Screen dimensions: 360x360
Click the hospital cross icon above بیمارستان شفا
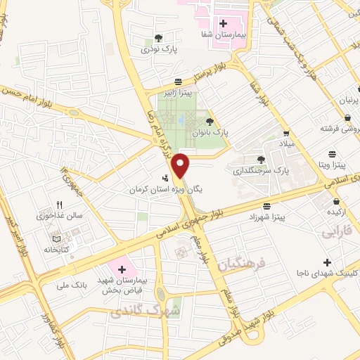click(x=223, y=23)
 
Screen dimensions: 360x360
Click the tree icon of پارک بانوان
click(x=210, y=122)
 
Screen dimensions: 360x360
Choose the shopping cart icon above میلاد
click(x=286, y=133)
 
